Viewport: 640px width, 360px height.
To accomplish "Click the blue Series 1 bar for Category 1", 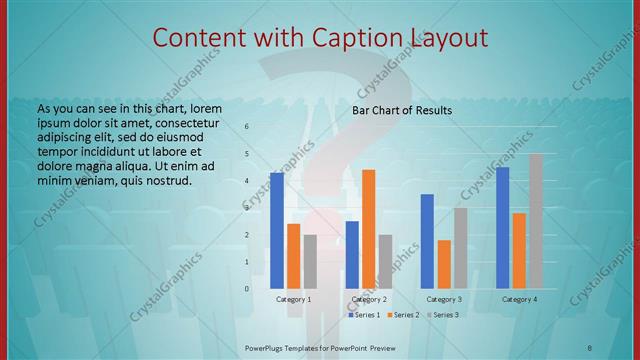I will point(277,231).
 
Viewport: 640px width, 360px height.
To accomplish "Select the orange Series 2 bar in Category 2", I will point(368,229).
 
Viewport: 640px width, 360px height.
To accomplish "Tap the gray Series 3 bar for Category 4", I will point(536,221).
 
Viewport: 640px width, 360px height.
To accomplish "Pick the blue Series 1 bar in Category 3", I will point(427,241).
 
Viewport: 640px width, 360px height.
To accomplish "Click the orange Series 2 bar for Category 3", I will point(444,264).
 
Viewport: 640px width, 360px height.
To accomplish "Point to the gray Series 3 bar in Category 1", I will point(310,261).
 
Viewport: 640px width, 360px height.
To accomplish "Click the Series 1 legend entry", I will point(366,315).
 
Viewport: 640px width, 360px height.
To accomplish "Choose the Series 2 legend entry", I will point(402,315).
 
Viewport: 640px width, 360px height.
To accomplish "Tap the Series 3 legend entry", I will point(442,315).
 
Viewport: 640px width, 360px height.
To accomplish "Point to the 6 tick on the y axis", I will point(247,127).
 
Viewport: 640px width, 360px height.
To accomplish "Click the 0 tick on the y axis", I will point(247,289).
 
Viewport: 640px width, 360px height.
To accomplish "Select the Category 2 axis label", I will point(369,299).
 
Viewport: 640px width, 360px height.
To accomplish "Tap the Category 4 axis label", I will point(519,299).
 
